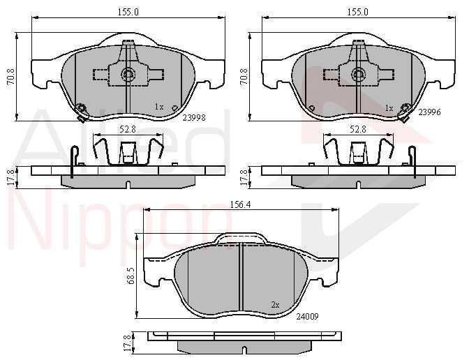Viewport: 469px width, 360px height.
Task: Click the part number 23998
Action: [x=194, y=118]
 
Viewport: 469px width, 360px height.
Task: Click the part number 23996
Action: [x=429, y=112]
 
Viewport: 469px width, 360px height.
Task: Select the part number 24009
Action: [x=307, y=316]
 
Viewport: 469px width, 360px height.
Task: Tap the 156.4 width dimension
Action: [x=241, y=204]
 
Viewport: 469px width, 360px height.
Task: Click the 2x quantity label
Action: [x=275, y=305]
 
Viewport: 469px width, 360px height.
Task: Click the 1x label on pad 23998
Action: [x=159, y=107]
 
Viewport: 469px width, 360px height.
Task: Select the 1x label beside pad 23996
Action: [x=389, y=108]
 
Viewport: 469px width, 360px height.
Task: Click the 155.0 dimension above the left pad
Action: [x=128, y=12]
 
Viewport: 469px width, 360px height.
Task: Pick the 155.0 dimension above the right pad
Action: [x=358, y=12]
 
